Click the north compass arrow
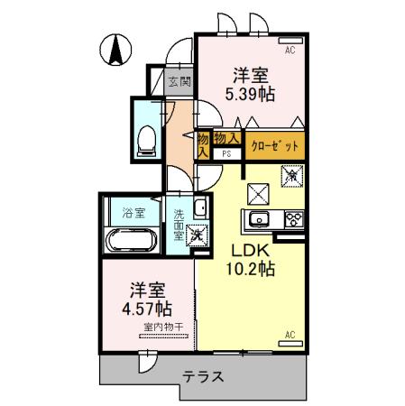point(116,49)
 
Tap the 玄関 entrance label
point(179,81)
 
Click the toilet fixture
point(145,136)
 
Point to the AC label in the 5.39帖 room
point(290,51)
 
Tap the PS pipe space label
point(227,153)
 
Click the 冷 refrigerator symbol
point(292,178)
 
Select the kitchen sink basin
point(258,219)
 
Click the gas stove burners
point(293,218)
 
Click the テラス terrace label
point(203,378)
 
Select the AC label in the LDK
point(290,337)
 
